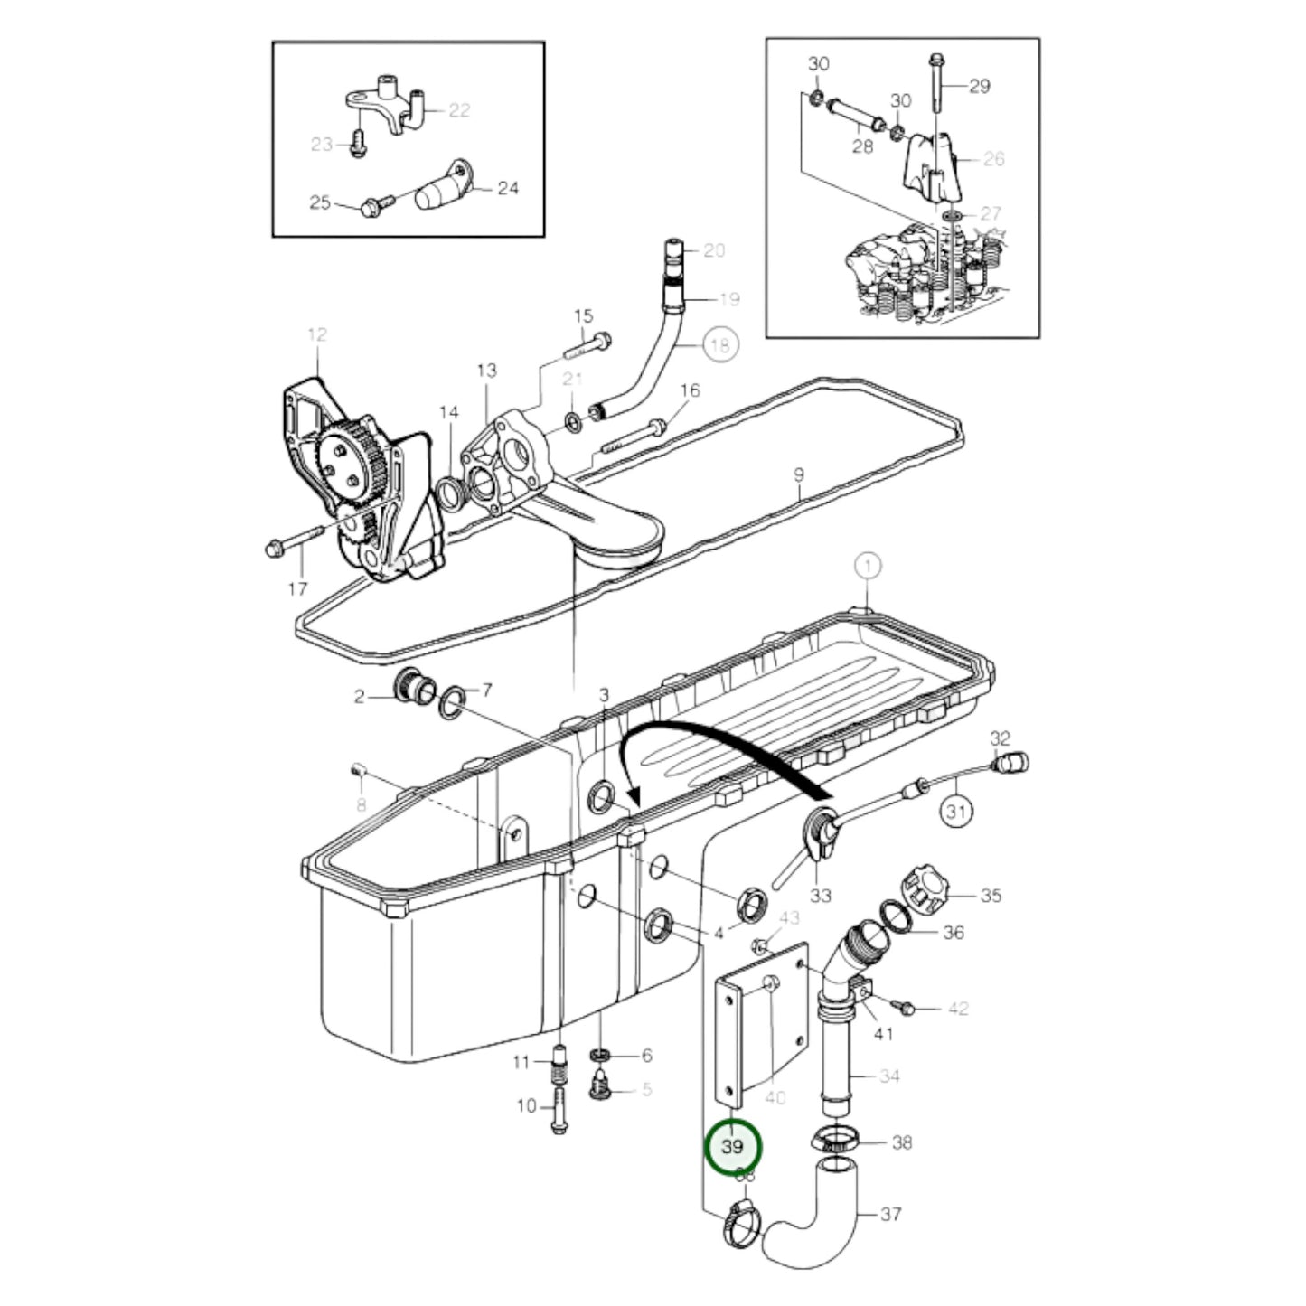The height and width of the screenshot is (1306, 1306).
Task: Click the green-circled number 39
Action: [733, 1146]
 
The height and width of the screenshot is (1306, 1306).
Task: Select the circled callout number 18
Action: [719, 344]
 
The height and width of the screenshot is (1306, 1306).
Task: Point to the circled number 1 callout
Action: [867, 567]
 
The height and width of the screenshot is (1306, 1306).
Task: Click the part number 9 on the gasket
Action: [798, 474]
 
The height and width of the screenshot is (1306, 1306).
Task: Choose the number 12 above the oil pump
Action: [316, 334]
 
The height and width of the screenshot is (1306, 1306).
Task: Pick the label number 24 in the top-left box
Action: [508, 188]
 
